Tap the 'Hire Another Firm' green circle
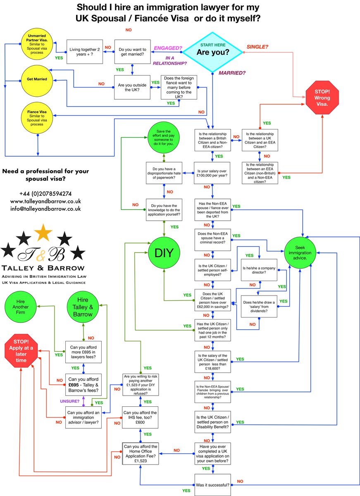21,307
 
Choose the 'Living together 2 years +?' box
85,52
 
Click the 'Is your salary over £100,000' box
212,173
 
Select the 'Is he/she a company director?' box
259,270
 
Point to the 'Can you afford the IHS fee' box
140,417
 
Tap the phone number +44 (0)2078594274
45,193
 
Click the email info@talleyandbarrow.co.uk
45,208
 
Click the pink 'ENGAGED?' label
168,48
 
